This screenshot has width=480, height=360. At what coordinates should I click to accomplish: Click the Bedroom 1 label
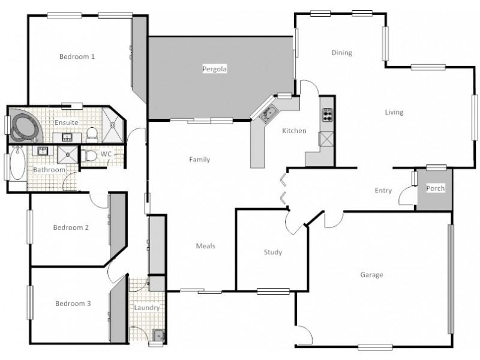(77, 57)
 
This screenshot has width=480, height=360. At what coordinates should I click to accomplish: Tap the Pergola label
(214, 70)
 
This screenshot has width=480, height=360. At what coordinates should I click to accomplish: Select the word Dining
(341, 53)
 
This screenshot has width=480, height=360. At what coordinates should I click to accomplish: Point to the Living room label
(394, 112)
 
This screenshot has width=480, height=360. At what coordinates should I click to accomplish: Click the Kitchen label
(294, 131)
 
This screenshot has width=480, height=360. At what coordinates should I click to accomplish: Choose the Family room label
(199, 160)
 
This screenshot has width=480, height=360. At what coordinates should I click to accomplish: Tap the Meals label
(205, 246)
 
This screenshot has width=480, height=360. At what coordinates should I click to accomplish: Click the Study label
(272, 253)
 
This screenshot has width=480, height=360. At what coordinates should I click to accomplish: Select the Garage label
(371, 275)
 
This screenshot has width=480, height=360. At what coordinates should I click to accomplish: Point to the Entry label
(383, 191)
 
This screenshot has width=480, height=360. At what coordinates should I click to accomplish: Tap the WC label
(106, 154)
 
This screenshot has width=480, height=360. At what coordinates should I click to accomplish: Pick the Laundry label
(147, 308)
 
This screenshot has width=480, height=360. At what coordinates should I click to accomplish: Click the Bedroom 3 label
(73, 304)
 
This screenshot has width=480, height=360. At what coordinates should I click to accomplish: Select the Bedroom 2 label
(71, 227)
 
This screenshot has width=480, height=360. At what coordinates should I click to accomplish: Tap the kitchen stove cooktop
(328, 114)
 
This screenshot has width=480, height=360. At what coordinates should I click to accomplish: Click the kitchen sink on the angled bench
(268, 113)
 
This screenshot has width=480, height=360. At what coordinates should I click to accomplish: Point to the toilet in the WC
(90, 155)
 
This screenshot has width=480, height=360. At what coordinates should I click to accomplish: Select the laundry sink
(158, 335)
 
